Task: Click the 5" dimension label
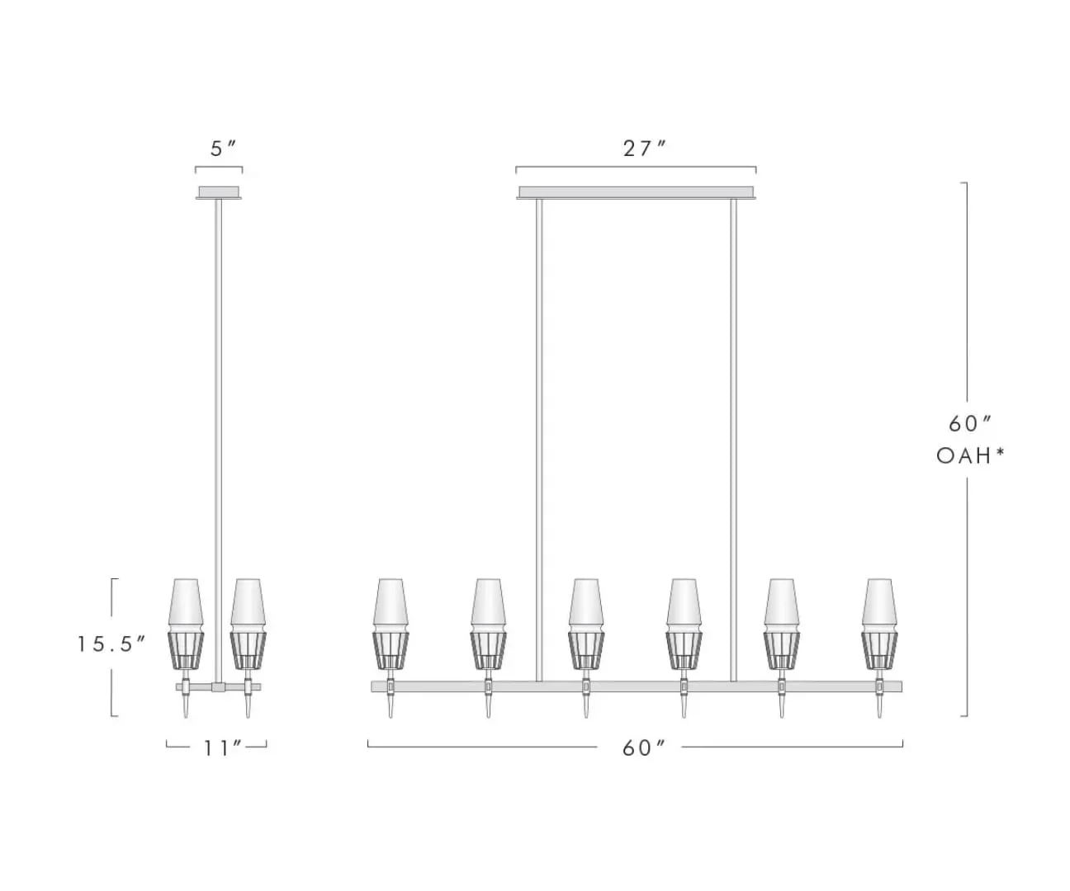pyautogui.click(x=223, y=149)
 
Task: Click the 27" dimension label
pyautogui.click(x=645, y=149)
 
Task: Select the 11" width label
pyautogui.click(x=223, y=748)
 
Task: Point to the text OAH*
pyautogui.click(x=970, y=455)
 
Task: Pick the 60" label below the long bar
pyautogui.click(x=644, y=748)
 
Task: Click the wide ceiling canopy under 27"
pyautogui.click(x=636, y=192)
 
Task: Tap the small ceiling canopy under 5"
pyautogui.click(x=219, y=192)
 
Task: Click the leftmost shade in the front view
pyautogui.click(x=391, y=625)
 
